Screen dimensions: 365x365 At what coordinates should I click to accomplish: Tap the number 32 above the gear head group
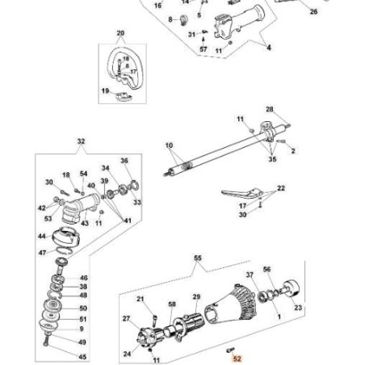pyautogui.click(x=81, y=142)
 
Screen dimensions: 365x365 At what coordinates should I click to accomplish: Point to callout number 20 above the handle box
pyautogui.click(x=121, y=34)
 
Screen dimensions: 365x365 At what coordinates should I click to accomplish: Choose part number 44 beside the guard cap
pyautogui.click(x=41, y=237)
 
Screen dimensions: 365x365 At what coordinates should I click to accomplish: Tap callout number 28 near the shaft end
pyautogui.click(x=269, y=109)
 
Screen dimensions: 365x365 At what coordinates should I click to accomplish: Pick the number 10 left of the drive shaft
pyautogui.click(x=169, y=146)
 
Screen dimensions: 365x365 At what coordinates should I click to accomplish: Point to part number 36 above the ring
pyautogui.click(x=124, y=161)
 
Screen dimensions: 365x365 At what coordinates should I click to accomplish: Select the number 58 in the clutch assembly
pyautogui.click(x=171, y=304)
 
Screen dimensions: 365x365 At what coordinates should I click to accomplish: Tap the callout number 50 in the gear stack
pyautogui.click(x=83, y=308)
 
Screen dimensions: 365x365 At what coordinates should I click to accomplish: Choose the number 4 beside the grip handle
pyautogui.click(x=269, y=48)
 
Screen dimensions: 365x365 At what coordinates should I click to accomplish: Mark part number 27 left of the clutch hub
pyautogui.click(x=124, y=319)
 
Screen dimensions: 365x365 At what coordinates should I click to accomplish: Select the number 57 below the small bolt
pyautogui.click(x=203, y=49)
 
